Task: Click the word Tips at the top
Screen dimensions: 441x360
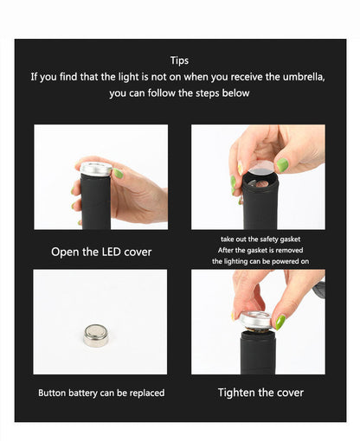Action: tap(180, 61)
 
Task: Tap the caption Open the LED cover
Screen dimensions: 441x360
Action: tap(101, 252)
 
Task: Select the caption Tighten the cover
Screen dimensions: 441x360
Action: tap(260, 393)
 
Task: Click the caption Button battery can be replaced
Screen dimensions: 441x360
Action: tap(101, 393)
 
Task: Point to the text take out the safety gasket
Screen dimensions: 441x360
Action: tap(260, 238)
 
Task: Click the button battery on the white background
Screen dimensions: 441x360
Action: tap(95, 335)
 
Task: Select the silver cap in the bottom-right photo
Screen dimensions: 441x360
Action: tap(256, 321)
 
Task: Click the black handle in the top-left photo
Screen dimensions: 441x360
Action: tap(95, 201)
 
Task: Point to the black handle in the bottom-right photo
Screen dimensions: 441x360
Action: tap(257, 355)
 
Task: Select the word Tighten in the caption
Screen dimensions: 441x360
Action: tap(238, 393)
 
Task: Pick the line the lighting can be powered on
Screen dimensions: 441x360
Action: tap(260, 260)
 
